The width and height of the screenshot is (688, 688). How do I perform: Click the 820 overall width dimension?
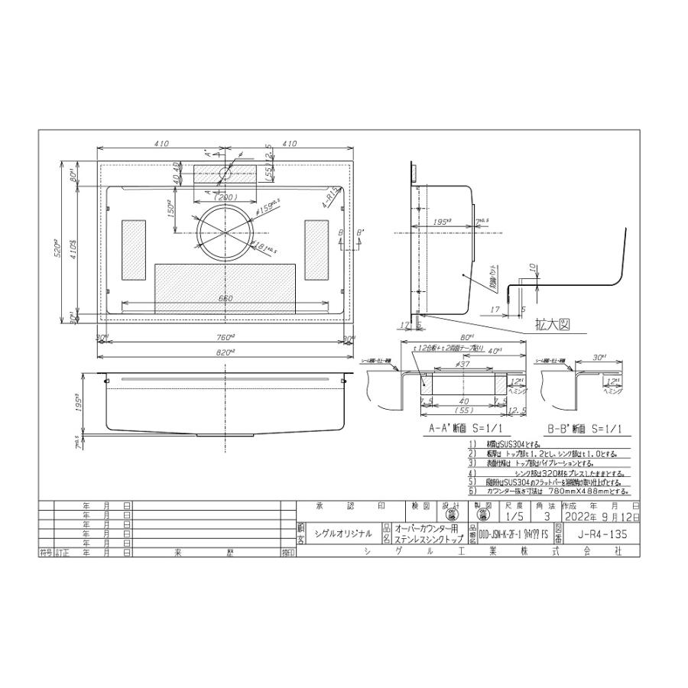[x=224, y=351]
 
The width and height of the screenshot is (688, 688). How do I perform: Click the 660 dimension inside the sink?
[x=226, y=298]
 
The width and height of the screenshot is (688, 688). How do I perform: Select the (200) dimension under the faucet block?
[x=224, y=196]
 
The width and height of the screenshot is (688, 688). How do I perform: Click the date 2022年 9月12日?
[x=601, y=518]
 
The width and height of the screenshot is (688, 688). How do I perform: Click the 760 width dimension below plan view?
[x=224, y=339]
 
